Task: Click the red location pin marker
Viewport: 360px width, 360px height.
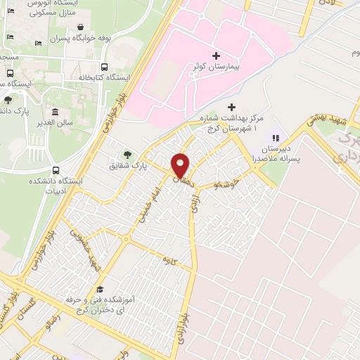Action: (181, 165)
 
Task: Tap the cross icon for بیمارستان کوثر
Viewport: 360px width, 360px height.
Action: (216, 55)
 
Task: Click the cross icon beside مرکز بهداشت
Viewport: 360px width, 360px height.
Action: (231, 108)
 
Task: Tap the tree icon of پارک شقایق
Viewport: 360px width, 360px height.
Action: (127, 154)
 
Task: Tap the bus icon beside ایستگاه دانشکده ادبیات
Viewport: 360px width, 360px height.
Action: (56, 170)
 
